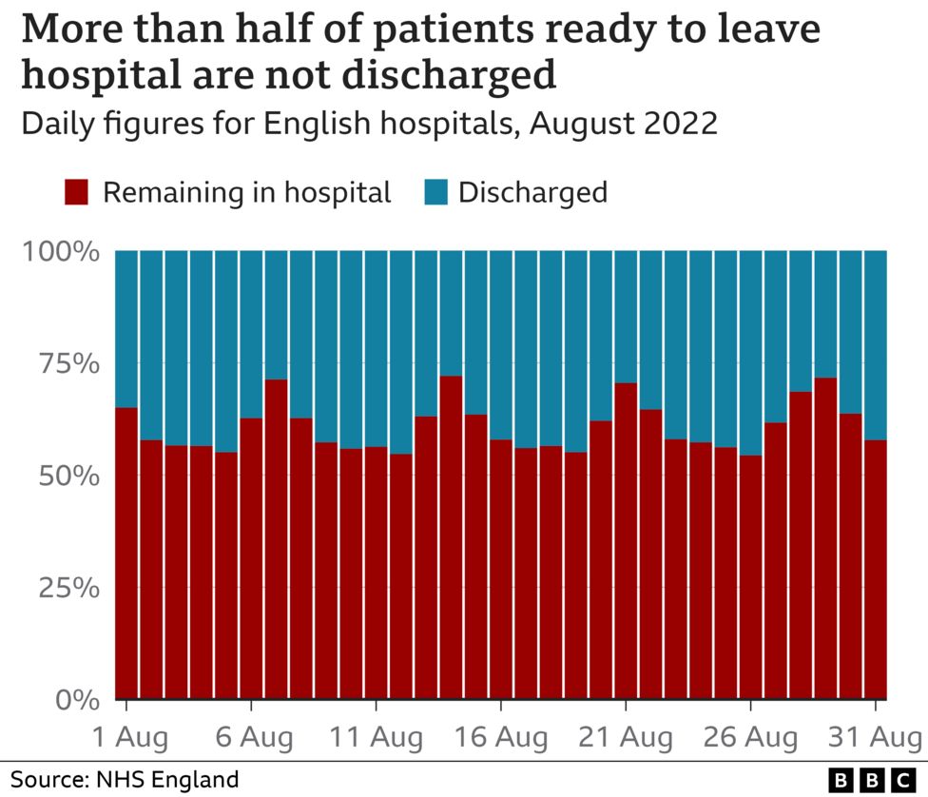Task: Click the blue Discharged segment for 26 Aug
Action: click(750, 353)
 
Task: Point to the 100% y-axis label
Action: click(61, 253)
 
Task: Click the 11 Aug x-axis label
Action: click(377, 737)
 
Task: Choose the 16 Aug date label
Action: click(501, 737)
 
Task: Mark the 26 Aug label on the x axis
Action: click(750, 737)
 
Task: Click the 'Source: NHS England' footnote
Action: click(125, 780)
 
